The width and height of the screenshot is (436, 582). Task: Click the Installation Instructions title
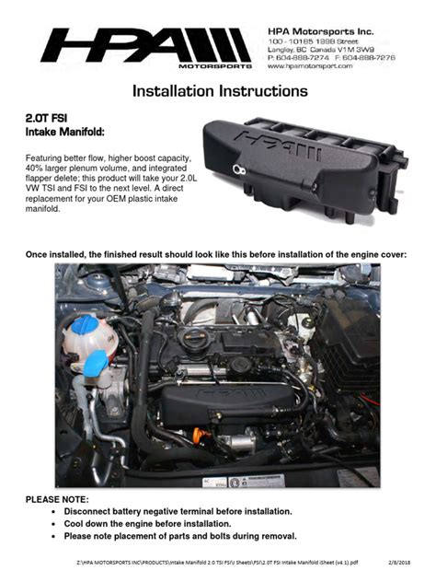click(219, 92)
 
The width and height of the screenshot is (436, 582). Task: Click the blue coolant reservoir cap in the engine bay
click(88, 326)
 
